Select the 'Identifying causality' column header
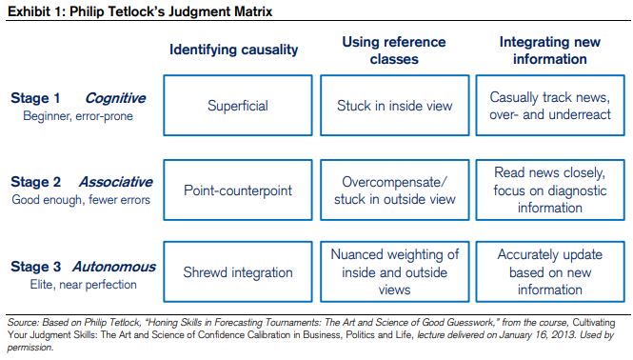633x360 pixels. [x=233, y=50]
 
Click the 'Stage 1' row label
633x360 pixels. [x=35, y=98]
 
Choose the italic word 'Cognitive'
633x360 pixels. [x=115, y=98]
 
